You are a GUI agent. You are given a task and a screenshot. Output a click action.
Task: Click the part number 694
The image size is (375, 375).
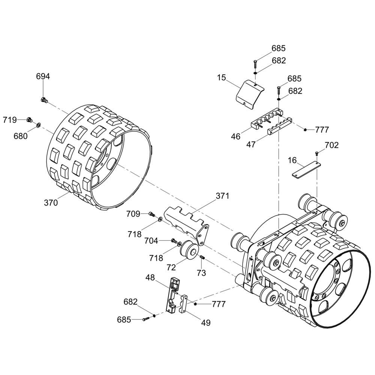43,76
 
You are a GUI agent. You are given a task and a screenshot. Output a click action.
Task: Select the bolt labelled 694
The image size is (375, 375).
44,100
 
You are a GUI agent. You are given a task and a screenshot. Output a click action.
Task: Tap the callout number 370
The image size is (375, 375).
51,203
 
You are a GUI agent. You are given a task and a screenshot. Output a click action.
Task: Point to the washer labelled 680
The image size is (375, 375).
38,125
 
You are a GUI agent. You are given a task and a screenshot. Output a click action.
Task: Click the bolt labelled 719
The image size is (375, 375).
30,120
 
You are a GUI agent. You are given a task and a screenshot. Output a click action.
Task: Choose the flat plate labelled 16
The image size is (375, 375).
306,169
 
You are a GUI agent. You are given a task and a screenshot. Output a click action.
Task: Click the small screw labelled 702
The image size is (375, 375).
317,154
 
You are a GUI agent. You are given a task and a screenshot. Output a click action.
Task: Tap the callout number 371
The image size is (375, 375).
222,196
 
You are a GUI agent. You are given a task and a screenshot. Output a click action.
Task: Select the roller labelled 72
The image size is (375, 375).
189,250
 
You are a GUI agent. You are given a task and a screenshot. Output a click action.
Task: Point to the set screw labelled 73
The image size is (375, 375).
202,257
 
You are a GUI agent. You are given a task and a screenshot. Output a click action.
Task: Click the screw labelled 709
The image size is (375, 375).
151,214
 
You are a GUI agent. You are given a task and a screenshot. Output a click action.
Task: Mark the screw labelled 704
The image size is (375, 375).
174,240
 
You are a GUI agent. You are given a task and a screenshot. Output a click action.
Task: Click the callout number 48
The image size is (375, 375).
150,277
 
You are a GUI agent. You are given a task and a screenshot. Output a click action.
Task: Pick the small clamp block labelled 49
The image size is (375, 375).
183,304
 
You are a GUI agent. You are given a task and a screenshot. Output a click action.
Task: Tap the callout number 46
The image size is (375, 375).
235,136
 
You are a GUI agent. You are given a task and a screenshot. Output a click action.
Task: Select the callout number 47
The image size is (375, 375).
251,144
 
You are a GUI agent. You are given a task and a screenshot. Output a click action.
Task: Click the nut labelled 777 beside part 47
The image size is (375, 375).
305,130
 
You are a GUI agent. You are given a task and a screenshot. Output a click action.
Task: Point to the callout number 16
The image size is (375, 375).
292,160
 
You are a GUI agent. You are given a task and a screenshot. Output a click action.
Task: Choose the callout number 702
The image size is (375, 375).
331,145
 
